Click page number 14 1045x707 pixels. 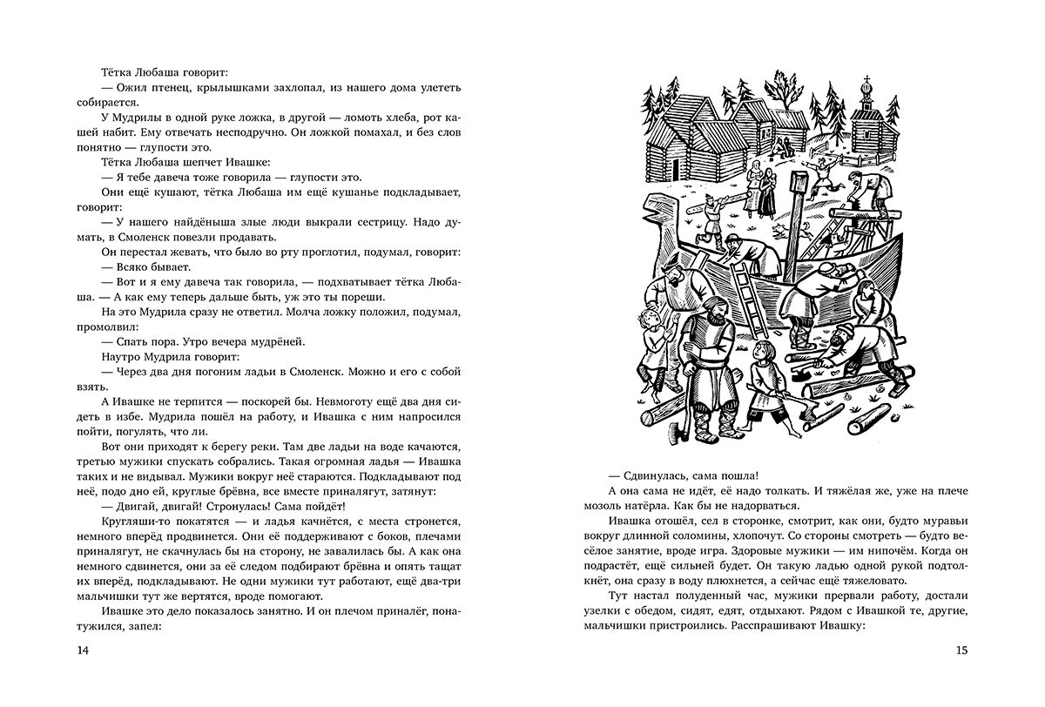pyautogui.click(x=83, y=650)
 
